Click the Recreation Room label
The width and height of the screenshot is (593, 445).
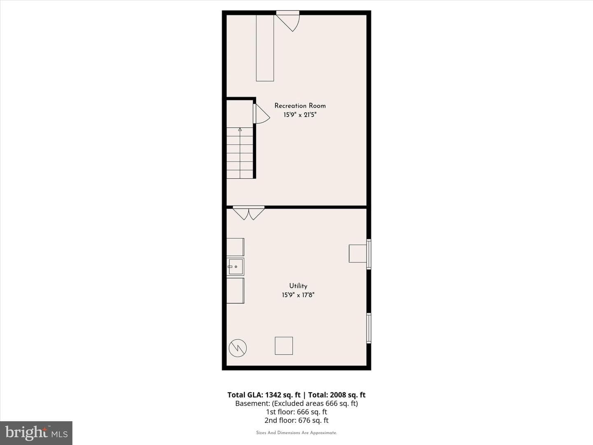300,105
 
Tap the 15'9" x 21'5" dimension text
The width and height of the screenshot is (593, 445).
300,115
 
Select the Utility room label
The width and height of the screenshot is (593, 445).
298,286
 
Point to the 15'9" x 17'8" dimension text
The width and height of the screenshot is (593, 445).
298,295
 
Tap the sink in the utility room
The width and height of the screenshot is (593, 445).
235,267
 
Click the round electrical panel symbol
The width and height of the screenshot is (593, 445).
238,348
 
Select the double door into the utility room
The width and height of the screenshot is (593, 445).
249,213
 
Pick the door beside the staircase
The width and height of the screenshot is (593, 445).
261,114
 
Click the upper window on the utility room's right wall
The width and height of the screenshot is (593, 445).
369,254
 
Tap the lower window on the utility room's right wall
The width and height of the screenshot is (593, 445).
369,328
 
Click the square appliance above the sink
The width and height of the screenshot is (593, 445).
235,247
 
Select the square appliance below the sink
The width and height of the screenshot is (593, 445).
235,291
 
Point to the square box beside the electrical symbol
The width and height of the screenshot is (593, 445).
284,346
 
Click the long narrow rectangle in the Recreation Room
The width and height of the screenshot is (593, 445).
265,48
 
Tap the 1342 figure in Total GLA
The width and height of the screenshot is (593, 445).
273,395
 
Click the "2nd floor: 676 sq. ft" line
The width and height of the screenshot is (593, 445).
296,420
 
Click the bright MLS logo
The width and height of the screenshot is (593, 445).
36,433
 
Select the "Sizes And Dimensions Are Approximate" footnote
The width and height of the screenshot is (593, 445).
296,433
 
